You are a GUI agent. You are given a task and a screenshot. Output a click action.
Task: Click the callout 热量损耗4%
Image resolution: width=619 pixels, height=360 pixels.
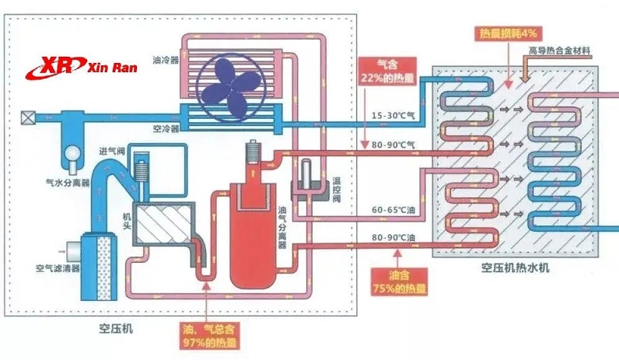tap(505, 33)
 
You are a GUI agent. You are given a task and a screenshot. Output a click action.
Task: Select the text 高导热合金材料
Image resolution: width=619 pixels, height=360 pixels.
tap(564, 52)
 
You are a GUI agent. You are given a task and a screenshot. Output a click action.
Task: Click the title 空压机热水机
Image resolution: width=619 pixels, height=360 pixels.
tap(515, 267)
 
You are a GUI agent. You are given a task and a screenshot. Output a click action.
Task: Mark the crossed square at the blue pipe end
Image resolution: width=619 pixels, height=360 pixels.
tap(29, 118)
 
